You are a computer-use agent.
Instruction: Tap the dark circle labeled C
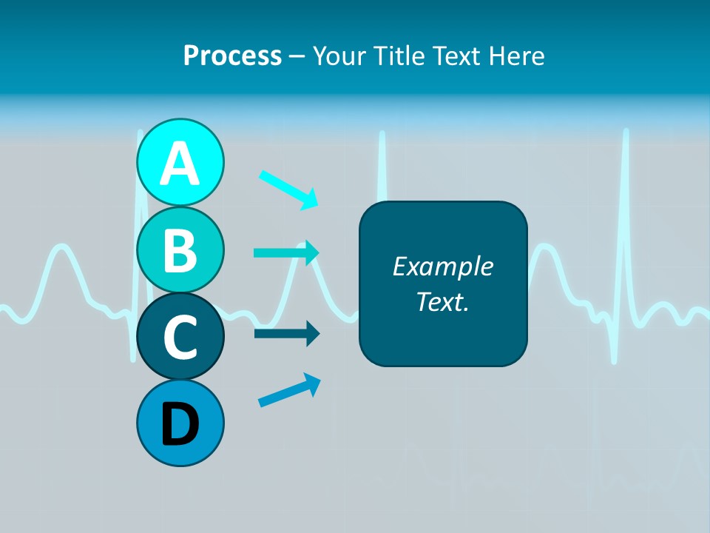pyautogui.click(x=180, y=337)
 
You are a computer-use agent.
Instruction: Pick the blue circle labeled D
pyautogui.click(x=180, y=423)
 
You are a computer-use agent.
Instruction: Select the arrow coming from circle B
pyautogui.click(x=286, y=252)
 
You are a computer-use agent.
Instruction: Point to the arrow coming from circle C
pyautogui.click(x=286, y=334)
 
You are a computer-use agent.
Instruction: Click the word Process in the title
pyautogui.click(x=232, y=56)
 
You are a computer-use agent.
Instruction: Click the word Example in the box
pyautogui.click(x=442, y=266)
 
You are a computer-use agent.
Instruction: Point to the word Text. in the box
pyautogui.click(x=442, y=301)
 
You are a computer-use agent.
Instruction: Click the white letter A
pyautogui.click(x=180, y=164)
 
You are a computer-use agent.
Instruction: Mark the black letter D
pyautogui.click(x=180, y=424)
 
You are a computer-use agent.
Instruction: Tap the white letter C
pyautogui.click(x=180, y=338)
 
